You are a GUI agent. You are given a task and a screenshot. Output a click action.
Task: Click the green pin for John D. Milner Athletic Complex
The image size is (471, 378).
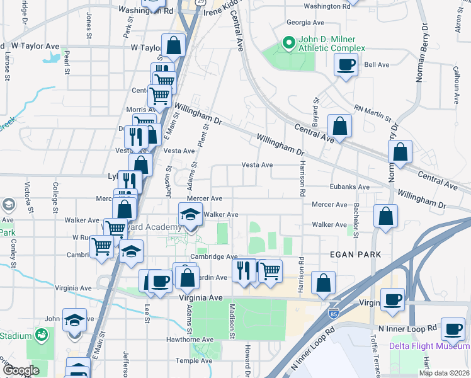pyautogui.click(x=288, y=43)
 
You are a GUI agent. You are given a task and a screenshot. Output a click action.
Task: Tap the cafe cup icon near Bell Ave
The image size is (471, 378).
pyautogui.click(x=346, y=64)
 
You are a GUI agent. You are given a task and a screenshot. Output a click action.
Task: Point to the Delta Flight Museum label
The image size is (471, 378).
pyautogui.click(x=429, y=346)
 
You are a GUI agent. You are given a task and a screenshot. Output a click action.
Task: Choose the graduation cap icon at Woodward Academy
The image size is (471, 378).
pyautogui.click(x=191, y=214)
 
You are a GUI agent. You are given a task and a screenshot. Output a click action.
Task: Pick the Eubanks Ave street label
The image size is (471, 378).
pyautogui.click(x=349, y=187)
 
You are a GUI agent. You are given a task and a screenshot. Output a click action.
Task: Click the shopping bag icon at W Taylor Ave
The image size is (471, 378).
pyautogui.click(x=173, y=45)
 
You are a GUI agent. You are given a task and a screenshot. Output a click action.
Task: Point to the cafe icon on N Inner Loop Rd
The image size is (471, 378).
pyautogui.click(x=452, y=329)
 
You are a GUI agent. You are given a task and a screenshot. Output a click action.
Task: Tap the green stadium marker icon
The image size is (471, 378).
pyautogui.click(x=42, y=335)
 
